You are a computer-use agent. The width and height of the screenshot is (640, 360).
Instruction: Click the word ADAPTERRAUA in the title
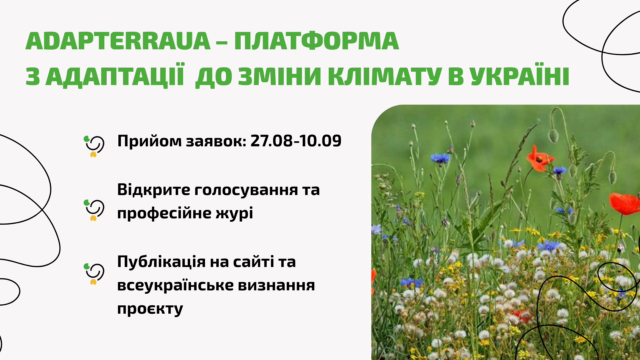(118, 41)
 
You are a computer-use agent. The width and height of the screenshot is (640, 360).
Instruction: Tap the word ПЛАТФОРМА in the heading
(316, 41)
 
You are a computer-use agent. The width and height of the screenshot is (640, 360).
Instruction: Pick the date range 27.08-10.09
(296, 141)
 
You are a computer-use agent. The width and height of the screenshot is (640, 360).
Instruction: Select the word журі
(234, 214)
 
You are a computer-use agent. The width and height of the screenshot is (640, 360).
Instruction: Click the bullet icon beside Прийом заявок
(94, 146)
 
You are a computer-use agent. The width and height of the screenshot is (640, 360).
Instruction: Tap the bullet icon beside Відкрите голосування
(94, 210)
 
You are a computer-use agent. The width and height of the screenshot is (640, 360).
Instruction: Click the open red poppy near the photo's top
(539, 158)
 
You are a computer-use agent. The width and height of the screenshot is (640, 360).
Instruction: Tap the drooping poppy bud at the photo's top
(553, 135)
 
